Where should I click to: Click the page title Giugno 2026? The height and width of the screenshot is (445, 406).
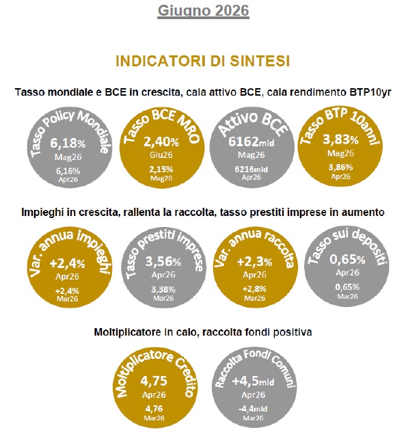coord(203,12)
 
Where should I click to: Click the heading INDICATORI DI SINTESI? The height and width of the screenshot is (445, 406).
coord(203,61)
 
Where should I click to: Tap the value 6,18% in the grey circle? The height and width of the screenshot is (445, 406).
coord(68,143)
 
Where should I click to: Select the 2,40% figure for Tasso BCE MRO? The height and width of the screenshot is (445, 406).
coord(161,141)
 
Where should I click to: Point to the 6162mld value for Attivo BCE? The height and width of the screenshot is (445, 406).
coord(252,141)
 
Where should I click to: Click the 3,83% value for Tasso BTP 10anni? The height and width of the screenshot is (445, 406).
coord(341,139)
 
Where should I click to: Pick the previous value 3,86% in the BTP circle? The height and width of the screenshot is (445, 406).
coord(341,167)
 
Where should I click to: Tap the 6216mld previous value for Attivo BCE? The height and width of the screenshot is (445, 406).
coord(252,169)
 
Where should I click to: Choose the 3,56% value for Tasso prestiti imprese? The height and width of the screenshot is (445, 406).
coord(163,261)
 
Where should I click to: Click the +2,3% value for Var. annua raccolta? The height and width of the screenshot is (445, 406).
coord(254,261)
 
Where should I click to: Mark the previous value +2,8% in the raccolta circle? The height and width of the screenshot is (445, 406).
coord(254,289)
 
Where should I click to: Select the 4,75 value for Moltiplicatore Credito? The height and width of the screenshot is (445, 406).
coord(154,381)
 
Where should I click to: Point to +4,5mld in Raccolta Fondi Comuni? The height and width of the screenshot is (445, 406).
coord(253,381)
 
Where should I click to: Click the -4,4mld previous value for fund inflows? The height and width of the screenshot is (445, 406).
coord(253,409)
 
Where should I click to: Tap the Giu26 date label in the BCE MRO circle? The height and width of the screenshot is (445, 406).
coord(161,155)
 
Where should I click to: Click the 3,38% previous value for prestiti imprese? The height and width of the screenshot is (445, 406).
coord(163,289)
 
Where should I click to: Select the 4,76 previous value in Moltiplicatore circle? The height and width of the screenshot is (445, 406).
coord(154,409)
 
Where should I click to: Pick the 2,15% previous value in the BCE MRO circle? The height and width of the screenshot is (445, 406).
coord(161,169)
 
